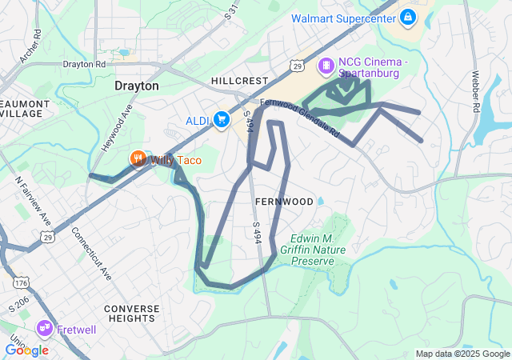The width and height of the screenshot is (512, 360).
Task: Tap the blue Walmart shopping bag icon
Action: (x=408, y=16)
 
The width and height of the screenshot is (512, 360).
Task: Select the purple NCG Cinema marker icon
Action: (x=326, y=65)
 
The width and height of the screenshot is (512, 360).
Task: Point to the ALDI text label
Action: (x=197, y=121)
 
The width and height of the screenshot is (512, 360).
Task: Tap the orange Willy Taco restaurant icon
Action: (x=138, y=159)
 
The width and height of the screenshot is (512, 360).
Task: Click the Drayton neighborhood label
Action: (x=137, y=86)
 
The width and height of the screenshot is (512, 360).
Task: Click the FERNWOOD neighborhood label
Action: (x=285, y=202)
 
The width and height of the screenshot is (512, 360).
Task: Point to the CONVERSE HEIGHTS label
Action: (x=132, y=314)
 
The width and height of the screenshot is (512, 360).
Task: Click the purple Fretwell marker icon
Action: (x=44, y=328)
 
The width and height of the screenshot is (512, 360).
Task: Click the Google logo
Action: (x=26, y=350)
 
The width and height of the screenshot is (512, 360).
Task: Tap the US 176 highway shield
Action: (x=21, y=282)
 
